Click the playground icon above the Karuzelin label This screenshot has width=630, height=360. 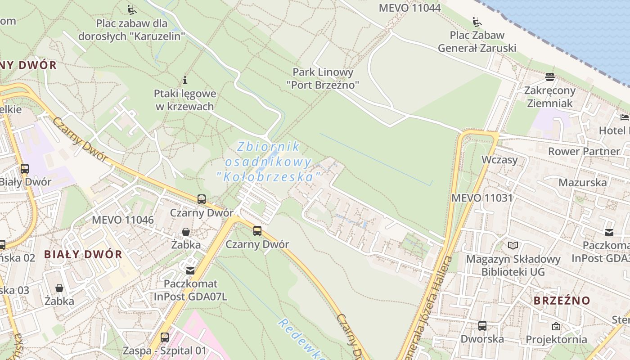tap(131, 9)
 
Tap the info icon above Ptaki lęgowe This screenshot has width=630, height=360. tap(184, 81)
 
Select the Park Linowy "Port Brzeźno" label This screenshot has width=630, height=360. tap(323, 78)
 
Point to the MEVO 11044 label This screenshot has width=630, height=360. tap(409, 8)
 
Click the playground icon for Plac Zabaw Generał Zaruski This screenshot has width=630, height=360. tap(477, 22)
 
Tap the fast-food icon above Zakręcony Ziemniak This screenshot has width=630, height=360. tap(549, 77)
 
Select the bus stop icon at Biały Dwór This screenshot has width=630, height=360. tap(25, 169)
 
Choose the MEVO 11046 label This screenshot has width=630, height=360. tap(122, 220)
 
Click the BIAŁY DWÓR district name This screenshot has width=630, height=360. tap(83, 254)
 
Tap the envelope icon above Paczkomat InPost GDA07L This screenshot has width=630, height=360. tap(190, 270)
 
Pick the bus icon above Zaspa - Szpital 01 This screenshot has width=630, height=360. tap(165, 337)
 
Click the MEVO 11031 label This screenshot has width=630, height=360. tap(482, 198)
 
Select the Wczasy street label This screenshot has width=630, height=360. tap(499, 160)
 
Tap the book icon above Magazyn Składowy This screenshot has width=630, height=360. tap(513, 245)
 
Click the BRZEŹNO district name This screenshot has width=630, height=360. tap(562, 301)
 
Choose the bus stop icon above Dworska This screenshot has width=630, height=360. tap(482, 325)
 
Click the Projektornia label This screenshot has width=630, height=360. tap(556, 339)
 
